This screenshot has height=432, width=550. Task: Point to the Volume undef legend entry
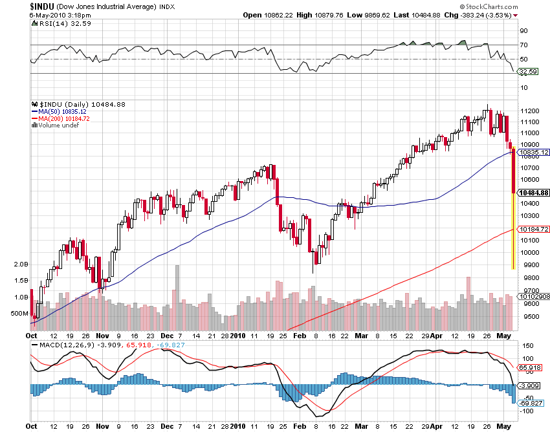(57, 125)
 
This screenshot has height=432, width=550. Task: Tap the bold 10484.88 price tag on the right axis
(534, 193)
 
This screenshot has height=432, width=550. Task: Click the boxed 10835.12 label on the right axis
(534, 152)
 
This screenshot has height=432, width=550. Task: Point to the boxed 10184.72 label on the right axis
(534, 229)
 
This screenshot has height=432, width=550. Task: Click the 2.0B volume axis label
(21, 265)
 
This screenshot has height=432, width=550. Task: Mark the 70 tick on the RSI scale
(523, 45)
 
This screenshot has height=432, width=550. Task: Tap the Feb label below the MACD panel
(300, 427)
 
